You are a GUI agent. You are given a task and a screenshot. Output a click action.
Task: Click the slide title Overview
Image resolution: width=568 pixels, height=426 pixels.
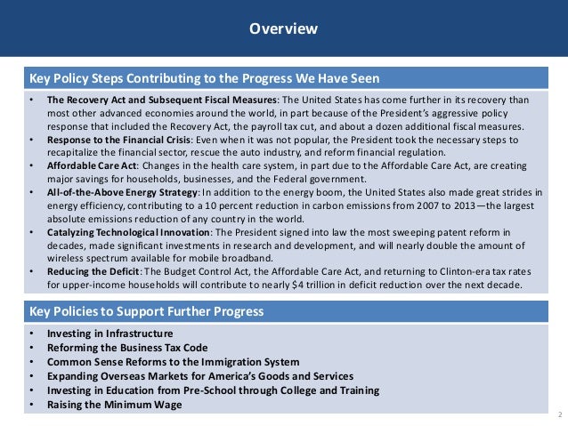tap(283, 29)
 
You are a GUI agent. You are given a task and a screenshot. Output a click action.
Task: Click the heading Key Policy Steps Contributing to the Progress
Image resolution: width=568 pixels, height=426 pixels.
tap(205, 77)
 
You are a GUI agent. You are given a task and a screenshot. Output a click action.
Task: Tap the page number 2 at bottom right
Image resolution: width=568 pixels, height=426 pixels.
tap(558, 416)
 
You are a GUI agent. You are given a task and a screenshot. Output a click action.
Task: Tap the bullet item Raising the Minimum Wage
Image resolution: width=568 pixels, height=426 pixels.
tap(114, 405)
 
